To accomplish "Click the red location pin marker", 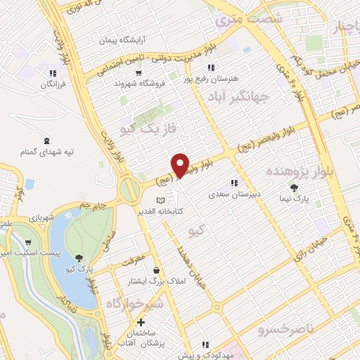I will click(181, 164).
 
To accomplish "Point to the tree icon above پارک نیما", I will click(294, 187).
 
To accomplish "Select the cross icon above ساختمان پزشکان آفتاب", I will click(141, 322).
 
